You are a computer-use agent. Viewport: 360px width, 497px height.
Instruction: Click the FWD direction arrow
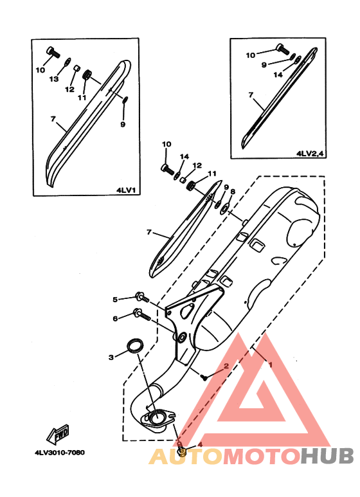click(x=58, y=434)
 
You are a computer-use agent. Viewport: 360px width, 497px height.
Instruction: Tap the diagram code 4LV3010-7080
click(x=60, y=452)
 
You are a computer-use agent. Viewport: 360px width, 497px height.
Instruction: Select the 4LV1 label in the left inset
click(x=126, y=190)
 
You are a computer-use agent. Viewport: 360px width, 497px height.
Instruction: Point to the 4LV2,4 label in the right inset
click(x=310, y=154)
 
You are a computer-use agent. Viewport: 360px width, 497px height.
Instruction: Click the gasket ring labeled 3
click(x=135, y=345)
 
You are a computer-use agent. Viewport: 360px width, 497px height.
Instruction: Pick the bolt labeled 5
click(x=142, y=297)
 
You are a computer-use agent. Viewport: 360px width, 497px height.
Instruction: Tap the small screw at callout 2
click(x=203, y=377)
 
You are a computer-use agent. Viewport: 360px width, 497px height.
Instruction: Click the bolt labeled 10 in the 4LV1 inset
click(x=53, y=52)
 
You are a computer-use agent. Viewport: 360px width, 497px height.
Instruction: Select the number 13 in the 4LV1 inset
click(x=54, y=78)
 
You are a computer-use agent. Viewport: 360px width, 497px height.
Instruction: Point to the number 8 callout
click(x=233, y=192)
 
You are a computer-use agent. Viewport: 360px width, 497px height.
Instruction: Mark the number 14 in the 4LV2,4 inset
click(x=278, y=75)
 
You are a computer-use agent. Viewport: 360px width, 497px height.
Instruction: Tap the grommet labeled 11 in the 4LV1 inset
click(x=87, y=76)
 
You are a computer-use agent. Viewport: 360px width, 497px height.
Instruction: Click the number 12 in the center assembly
click(x=197, y=165)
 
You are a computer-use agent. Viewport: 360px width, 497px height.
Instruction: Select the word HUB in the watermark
click(x=327, y=455)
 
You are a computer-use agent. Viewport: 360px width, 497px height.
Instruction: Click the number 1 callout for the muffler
click(x=270, y=365)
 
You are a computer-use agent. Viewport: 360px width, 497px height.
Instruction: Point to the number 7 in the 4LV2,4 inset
click(x=251, y=95)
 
